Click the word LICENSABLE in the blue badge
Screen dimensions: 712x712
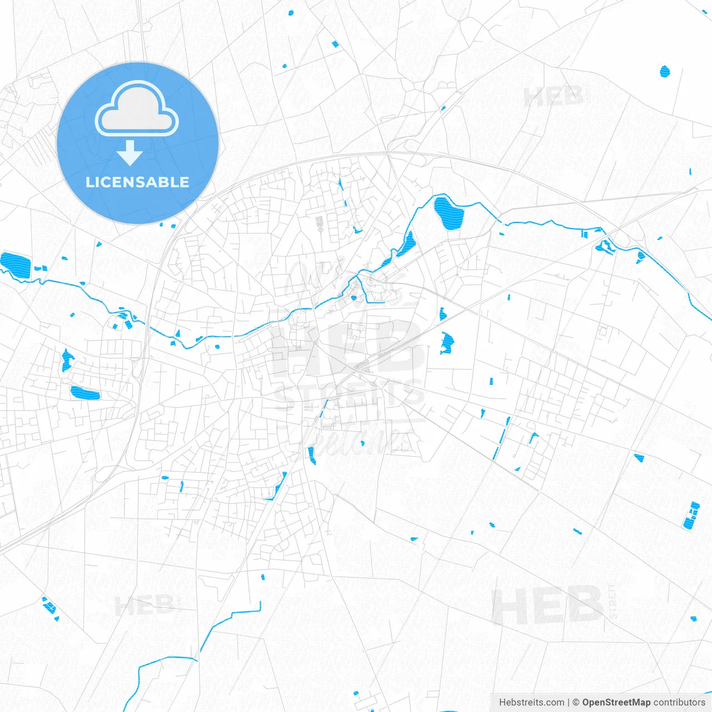coord(137,182)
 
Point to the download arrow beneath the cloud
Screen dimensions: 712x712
coord(130,152)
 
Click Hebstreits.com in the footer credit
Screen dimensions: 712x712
coord(531,703)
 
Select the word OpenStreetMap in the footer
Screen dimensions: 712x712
coord(616,703)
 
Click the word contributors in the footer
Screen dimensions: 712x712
coord(679,703)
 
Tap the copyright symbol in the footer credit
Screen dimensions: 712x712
coord(576,703)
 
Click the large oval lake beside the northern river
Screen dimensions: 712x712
coord(448,214)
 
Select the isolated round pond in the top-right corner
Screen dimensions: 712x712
coord(665,71)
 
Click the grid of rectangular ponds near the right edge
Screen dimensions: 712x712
coord(691,516)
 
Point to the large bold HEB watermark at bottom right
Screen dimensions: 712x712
coord(547,606)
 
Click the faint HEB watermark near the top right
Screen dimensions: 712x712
coord(553,97)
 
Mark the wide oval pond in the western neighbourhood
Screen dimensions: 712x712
coord(85,393)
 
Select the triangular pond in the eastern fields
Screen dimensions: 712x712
coord(639,458)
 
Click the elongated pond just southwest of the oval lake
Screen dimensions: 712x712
coord(406,245)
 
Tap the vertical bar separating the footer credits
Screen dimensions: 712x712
coord(568,703)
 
